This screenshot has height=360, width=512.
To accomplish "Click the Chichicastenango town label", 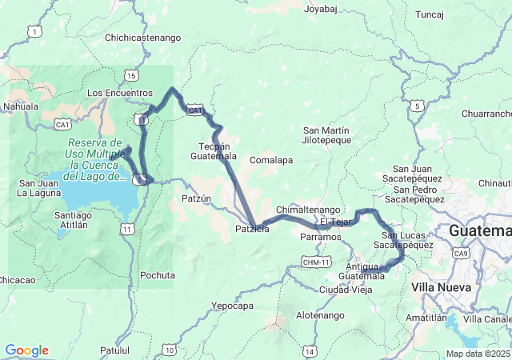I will pos(142,38).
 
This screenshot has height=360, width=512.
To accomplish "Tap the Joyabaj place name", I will pos(322,10).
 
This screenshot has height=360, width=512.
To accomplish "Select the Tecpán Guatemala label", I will pos(218,151).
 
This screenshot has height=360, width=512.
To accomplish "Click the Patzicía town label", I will pos(252,230).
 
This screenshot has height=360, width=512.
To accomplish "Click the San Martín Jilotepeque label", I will pos(326,135).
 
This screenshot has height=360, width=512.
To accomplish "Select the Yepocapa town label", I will pos(233,306).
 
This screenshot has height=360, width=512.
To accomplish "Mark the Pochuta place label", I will pos(157,275).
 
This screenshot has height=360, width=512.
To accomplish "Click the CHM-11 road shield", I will pos(316,262).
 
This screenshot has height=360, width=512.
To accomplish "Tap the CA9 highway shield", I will pos(461,254).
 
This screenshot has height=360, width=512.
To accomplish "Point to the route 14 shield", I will pos(310,351).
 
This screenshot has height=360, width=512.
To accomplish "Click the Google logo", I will pos(26,350).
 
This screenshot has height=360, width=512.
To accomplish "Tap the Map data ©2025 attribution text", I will pos(477,354).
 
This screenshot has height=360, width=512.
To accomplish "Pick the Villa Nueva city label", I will pos(436,286).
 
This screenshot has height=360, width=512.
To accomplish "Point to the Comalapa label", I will pos(271,160).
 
